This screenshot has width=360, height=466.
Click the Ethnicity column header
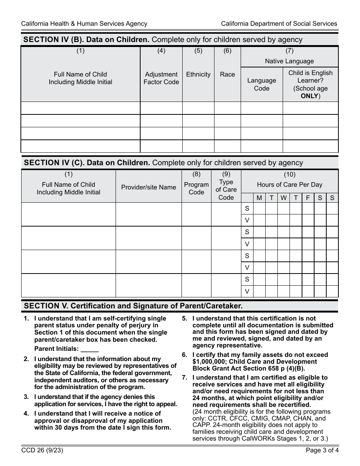pos(198,74)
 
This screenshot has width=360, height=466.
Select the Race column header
pos(227,74)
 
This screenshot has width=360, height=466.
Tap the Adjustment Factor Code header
pos(161,78)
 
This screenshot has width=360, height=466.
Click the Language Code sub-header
pos(261,84)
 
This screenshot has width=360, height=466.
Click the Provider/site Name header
pos(149,187)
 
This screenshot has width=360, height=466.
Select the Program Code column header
pos(196,188)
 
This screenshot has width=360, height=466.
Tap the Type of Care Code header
pos(226,189)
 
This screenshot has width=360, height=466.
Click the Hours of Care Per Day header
pos(290,185)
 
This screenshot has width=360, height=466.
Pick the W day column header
pos(283,198)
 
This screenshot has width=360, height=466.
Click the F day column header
pos(308,198)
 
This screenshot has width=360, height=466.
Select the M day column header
pos(259,198)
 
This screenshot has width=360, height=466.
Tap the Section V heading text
pos(133,306)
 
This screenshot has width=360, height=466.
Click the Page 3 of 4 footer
pos(322,451)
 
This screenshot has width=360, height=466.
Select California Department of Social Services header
pos(279,23)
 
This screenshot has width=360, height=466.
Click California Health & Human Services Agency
pos(84,23)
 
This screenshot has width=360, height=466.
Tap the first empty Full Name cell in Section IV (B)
pos(80,108)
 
